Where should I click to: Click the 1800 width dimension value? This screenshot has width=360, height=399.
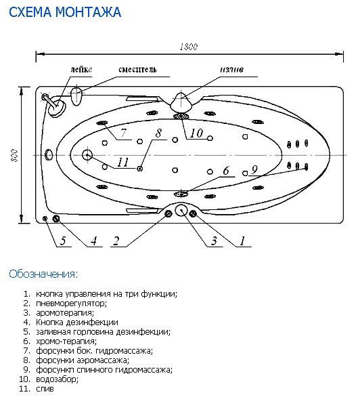click(189, 47)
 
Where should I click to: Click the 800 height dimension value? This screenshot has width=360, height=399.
click(14, 155)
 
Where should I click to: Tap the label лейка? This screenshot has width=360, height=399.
click(81, 69)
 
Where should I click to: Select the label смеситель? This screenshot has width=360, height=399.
click(137, 69)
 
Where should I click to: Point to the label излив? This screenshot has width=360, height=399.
click(232, 69)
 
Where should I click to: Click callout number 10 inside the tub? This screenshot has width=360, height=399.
click(196, 133)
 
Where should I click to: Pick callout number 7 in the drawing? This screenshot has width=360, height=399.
click(123, 133)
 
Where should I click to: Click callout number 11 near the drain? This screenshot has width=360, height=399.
click(123, 162)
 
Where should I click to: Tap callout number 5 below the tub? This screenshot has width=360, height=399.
click(63, 240)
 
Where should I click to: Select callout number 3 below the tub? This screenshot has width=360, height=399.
click(214, 240)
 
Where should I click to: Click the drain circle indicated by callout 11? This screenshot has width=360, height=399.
click(87, 154)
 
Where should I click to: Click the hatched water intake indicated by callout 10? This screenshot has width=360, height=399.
click(181, 116)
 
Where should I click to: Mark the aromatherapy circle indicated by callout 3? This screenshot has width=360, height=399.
click(181, 210)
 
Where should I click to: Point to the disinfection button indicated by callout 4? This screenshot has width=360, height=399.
click(56, 218)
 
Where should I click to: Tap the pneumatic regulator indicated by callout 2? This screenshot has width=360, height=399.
click(168, 213)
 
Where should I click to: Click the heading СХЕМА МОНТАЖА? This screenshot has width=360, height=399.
click(65, 12)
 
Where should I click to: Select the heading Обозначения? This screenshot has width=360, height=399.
click(43, 274)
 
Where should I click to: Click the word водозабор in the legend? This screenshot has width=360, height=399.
click(57, 379)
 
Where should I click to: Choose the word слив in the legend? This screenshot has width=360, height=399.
click(45, 389)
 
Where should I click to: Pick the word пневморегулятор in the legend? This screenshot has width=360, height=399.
click(72, 303)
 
